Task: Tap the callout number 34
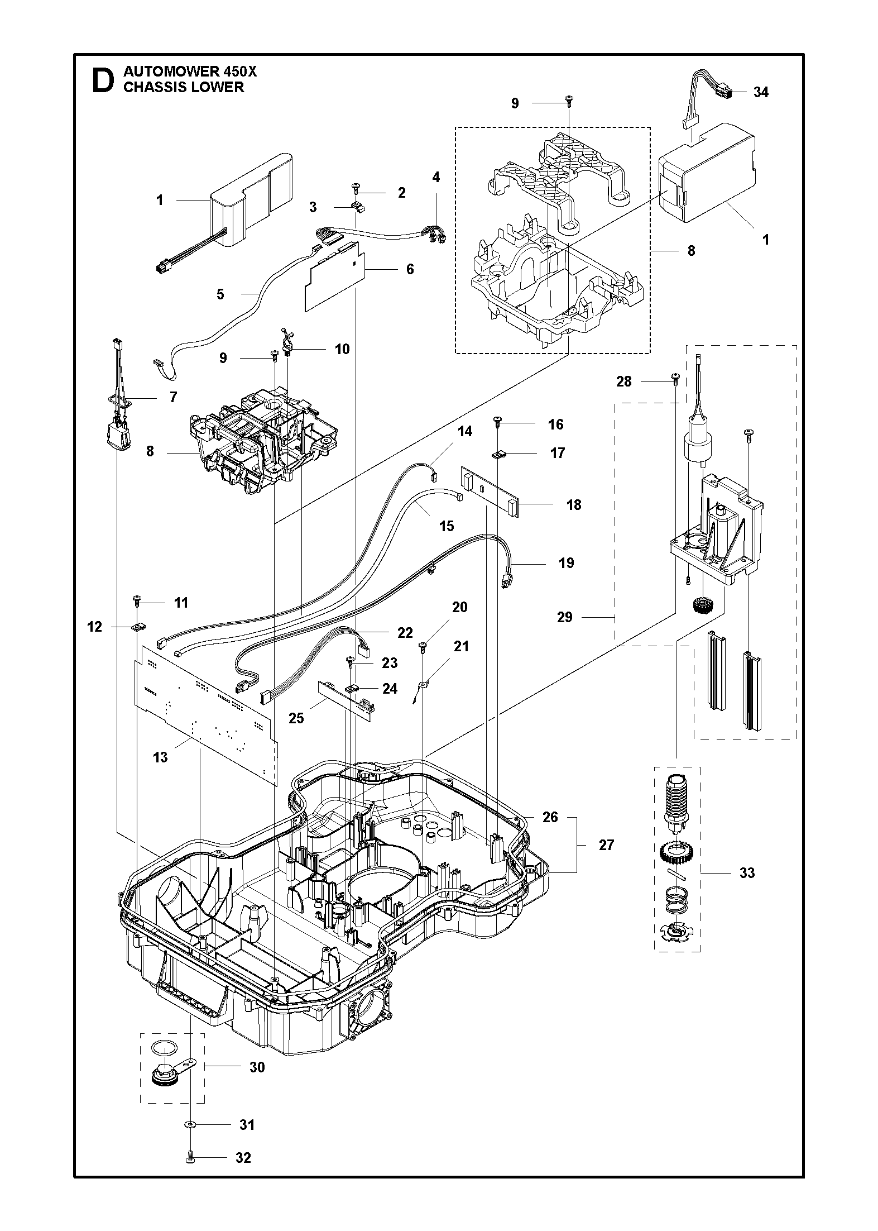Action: pyautogui.click(x=761, y=92)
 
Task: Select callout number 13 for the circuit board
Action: pyautogui.click(x=160, y=757)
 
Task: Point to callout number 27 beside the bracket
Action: pyautogui.click(x=606, y=845)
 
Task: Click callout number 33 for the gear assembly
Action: pyautogui.click(x=747, y=872)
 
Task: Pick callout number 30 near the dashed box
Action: pyautogui.click(x=257, y=1067)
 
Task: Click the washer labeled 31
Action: pyautogui.click(x=191, y=1125)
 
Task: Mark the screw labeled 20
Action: pyautogui.click(x=423, y=647)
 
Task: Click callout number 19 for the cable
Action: pyautogui.click(x=566, y=563)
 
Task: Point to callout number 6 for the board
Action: pyautogui.click(x=410, y=269)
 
